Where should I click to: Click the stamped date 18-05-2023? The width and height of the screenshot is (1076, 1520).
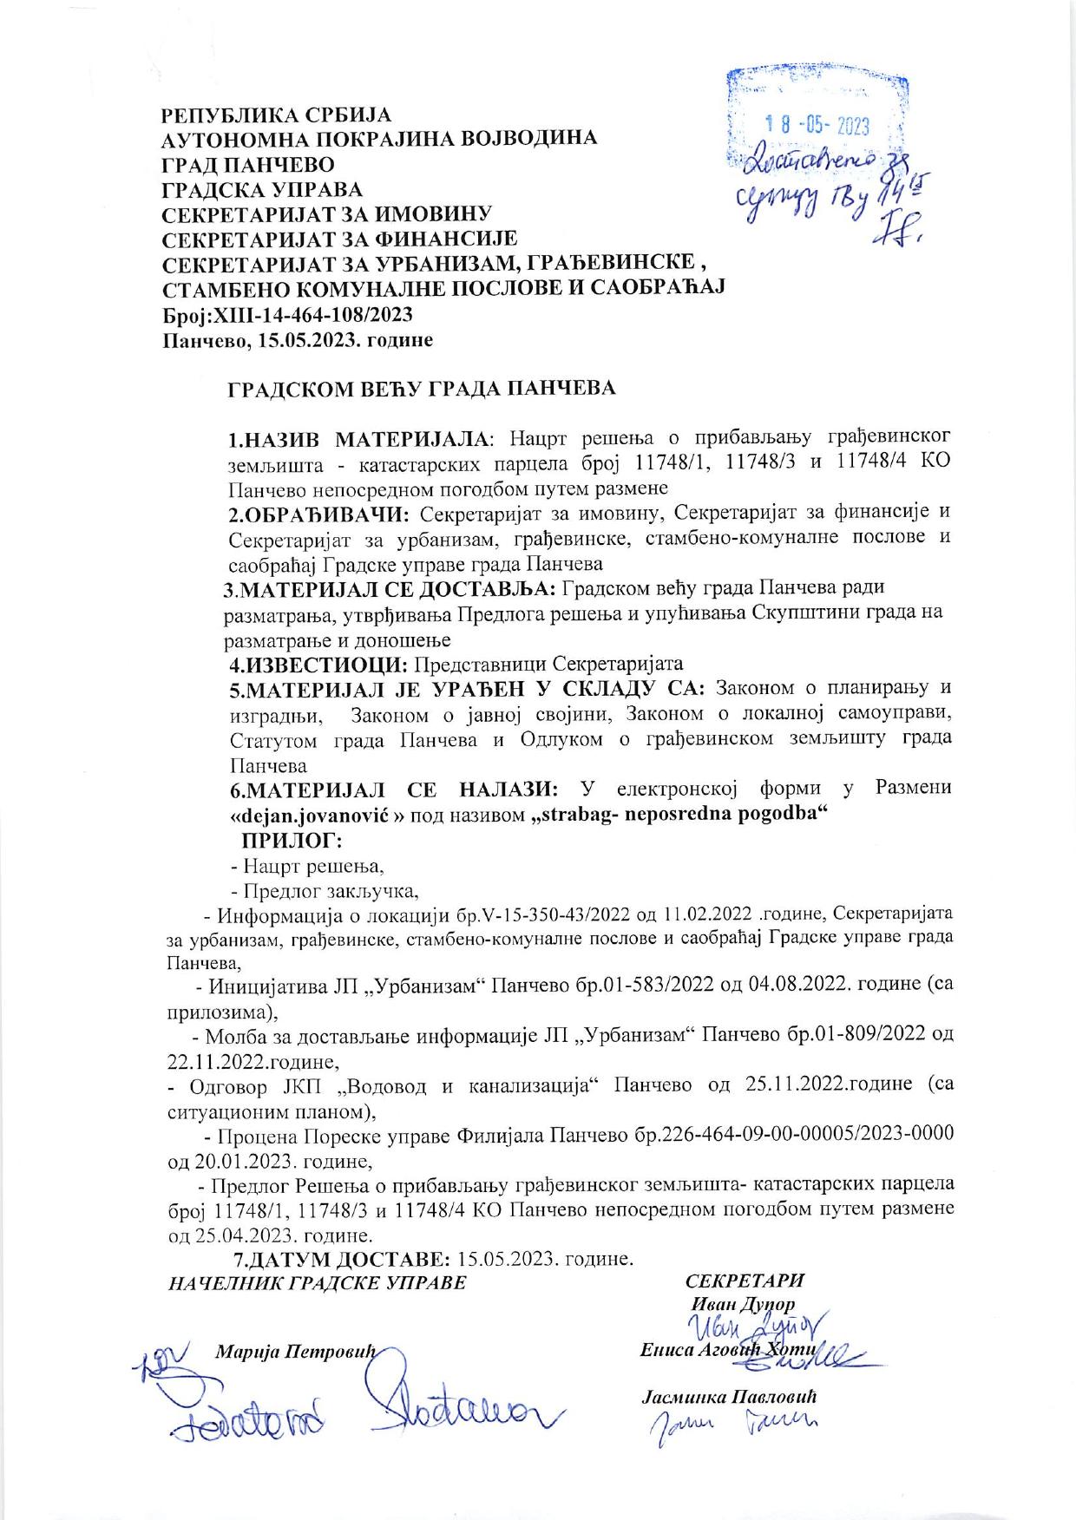[x=820, y=127]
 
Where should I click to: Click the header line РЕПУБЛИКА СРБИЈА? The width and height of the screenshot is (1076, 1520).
[x=278, y=115]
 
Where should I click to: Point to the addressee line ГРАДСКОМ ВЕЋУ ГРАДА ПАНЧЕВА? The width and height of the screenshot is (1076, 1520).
[x=422, y=389]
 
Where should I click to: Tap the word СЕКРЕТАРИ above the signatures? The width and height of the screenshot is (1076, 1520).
[x=745, y=1281]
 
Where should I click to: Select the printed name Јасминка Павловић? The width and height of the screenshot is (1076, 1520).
[x=730, y=1399]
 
